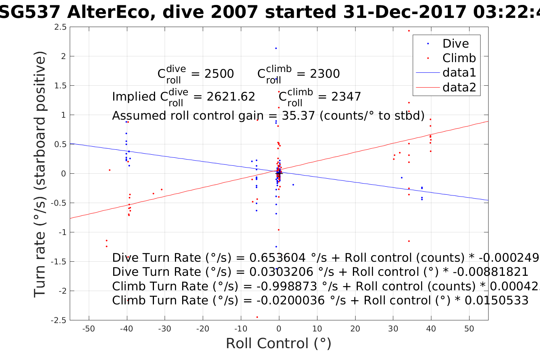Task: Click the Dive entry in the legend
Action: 455,44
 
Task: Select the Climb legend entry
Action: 459,58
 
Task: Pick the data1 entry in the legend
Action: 459,73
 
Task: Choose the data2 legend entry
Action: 459,88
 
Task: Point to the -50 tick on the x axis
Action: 88,329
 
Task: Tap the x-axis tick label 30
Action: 393,329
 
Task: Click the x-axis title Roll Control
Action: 279,344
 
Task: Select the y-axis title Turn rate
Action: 40,174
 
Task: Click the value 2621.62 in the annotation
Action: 231,97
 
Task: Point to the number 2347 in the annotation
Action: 346,97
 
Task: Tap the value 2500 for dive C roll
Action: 219,74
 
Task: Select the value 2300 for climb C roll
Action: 325,74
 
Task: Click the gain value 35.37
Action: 298,116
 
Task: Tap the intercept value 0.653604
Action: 277,258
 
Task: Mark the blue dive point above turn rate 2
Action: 276,48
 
